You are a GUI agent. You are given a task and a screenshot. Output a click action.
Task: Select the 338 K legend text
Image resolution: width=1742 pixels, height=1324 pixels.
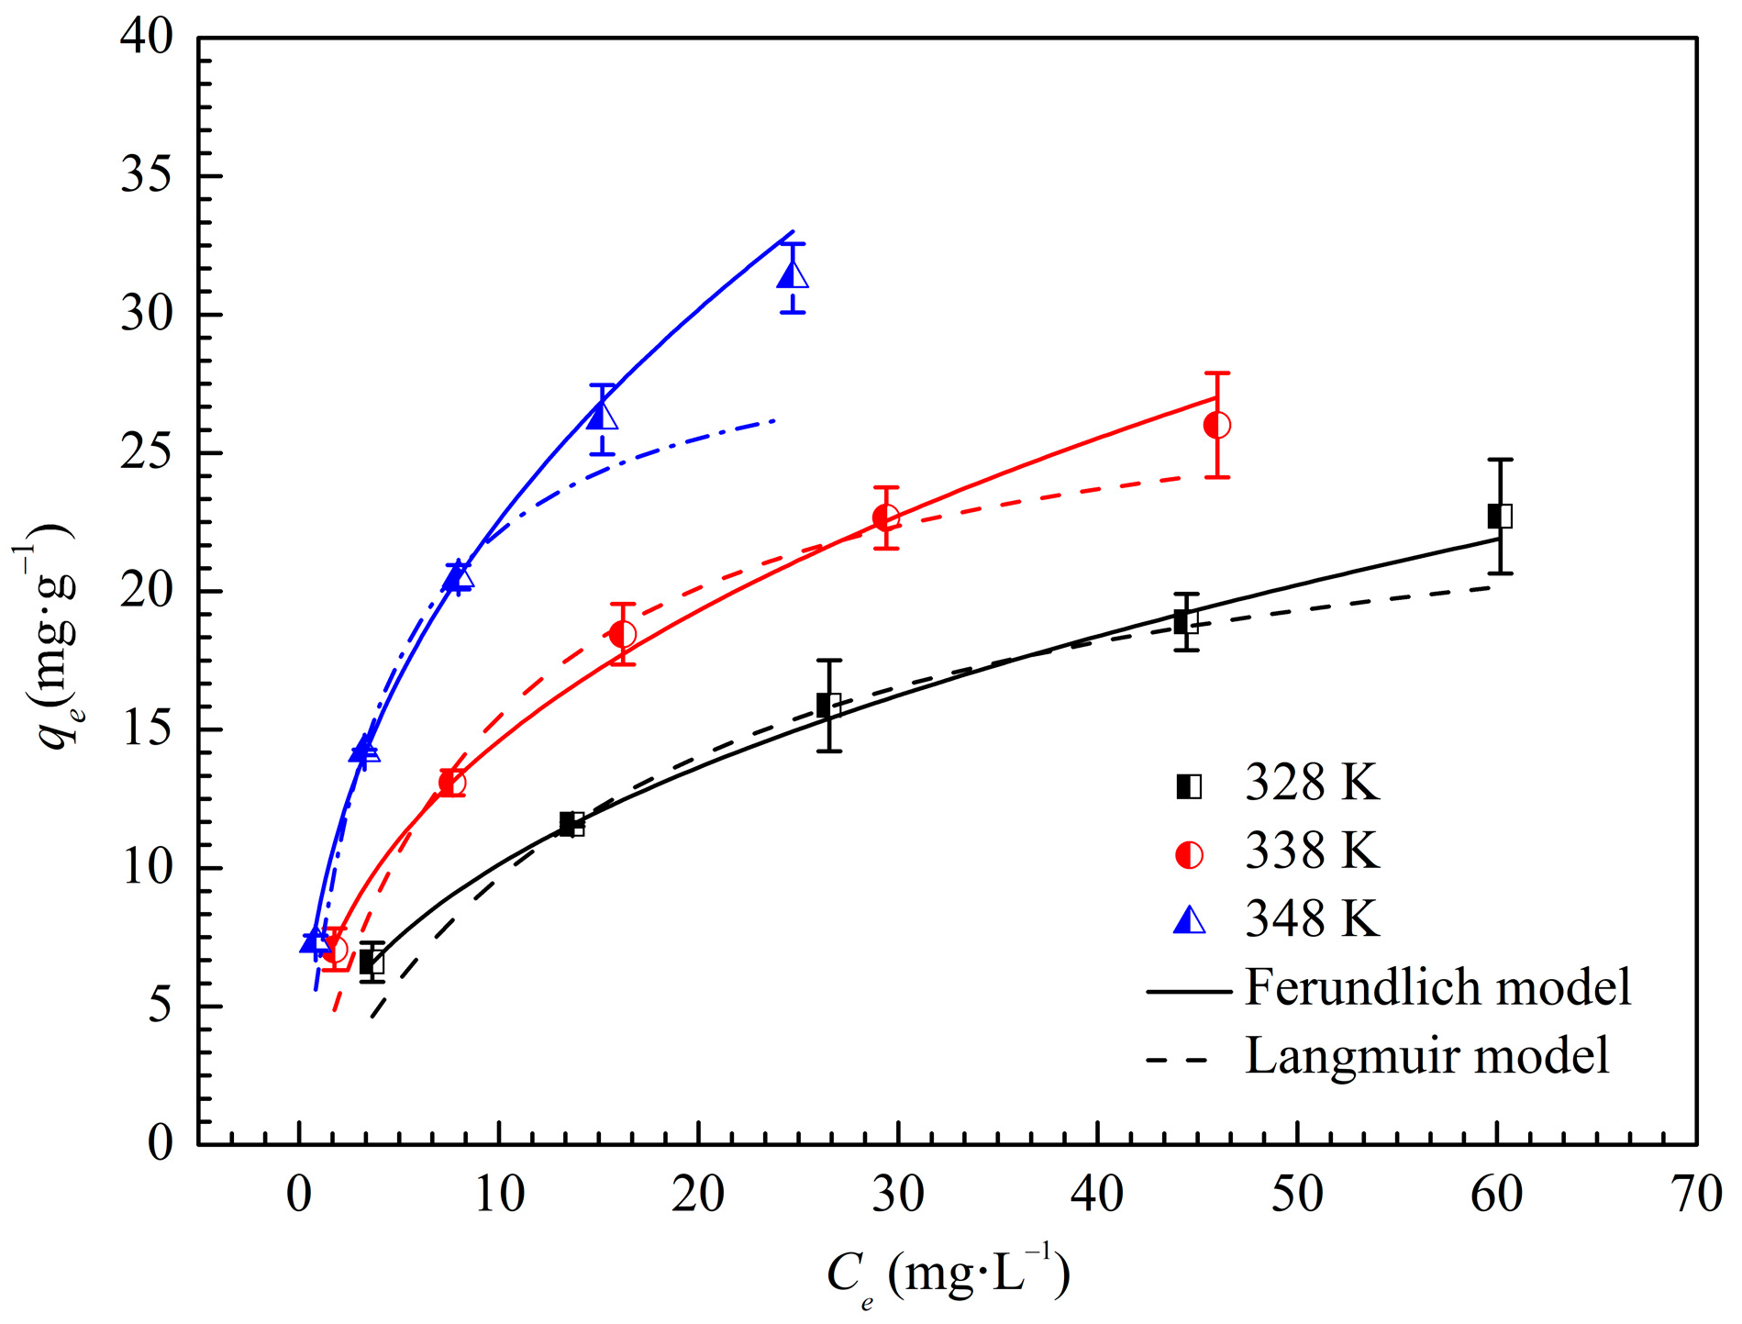1312,852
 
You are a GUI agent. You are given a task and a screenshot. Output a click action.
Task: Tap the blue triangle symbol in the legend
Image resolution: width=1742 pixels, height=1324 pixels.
1190,920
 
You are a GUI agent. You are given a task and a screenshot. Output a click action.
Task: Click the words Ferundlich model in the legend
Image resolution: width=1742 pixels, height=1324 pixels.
1437,988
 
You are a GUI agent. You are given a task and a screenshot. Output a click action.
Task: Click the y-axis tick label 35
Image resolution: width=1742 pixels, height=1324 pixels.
147,176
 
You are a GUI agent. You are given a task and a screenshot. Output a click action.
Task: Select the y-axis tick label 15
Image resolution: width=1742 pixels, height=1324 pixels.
147,730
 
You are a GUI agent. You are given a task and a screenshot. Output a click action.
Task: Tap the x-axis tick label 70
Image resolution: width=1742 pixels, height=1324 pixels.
1695,1195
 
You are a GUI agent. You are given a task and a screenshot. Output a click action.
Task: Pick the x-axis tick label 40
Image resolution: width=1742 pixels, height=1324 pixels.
1097,1195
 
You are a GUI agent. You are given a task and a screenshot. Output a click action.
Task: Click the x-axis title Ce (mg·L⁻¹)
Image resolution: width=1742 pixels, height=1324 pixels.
949,1276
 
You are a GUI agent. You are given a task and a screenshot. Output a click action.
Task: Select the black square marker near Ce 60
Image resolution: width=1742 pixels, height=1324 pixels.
1500,516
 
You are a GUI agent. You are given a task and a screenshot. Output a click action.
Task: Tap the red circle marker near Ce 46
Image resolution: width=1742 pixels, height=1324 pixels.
1216,425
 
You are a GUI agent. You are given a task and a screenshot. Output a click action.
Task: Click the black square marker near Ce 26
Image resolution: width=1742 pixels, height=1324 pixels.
828,705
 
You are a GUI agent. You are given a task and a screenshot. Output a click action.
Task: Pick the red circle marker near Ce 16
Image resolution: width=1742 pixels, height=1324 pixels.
622,634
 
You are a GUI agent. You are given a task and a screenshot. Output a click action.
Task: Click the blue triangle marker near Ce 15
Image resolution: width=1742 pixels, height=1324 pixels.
602,417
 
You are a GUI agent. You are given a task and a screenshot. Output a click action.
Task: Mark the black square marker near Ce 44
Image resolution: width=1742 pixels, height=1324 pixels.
1186,622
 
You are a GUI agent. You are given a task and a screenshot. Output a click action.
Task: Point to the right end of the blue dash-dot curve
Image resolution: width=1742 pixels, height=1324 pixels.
775,420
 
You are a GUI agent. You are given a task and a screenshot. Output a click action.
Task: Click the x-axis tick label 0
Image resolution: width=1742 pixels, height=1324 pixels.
299,1195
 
